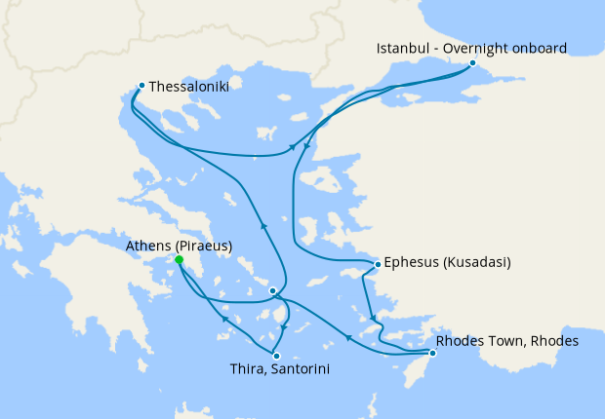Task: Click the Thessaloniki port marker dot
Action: (x=142, y=85)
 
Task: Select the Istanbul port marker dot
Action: (x=472, y=62)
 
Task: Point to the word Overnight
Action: (x=477, y=47)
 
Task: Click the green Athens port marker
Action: (x=180, y=260)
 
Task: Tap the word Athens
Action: (x=147, y=246)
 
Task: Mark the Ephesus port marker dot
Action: (x=378, y=263)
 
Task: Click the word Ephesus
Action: (x=412, y=262)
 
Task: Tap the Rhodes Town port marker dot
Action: (x=432, y=353)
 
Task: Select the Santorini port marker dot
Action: (x=277, y=356)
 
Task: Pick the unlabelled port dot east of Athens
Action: (x=273, y=290)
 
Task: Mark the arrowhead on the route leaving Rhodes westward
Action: (x=348, y=338)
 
